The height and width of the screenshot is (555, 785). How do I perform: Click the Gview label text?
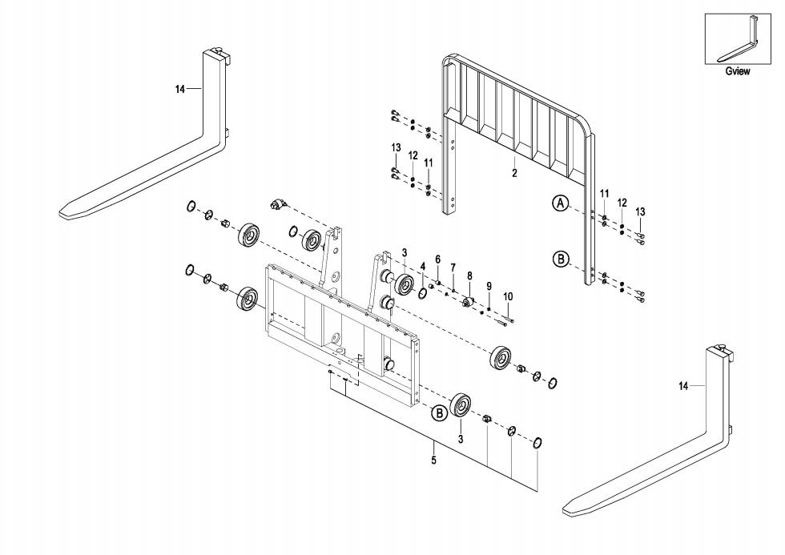click(x=738, y=71)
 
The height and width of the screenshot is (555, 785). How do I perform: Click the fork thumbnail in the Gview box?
click(x=738, y=39)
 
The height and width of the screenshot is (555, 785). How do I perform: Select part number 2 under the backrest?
click(x=514, y=174)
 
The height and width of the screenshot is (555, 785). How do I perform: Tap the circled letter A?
click(x=561, y=203)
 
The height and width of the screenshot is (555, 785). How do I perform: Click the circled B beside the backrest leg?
click(x=561, y=259)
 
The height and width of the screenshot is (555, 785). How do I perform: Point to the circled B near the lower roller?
click(x=439, y=413)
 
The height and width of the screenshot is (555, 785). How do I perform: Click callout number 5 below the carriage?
click(x=433, y=460)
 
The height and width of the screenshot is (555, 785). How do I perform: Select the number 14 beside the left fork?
click(x=180, y=89)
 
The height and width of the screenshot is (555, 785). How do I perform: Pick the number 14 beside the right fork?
click(x=684, y=386)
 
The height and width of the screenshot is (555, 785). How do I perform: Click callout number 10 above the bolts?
click(x=508, y=297)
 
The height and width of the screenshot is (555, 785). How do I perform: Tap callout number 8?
click(x=469, y=275)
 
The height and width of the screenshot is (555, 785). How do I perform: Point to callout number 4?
click(x=423, y=267)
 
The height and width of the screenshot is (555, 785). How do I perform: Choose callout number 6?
click(x=437, y=259)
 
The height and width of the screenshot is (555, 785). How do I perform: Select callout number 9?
click(x=489, y=286)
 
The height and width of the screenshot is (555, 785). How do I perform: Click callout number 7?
click(x=453, y=267)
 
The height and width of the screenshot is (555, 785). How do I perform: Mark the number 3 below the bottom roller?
click(x=461, y=440)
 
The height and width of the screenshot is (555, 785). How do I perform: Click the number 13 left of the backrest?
click(x=396, y=147)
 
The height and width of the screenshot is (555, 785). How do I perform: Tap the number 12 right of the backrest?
click(x=622, y=203)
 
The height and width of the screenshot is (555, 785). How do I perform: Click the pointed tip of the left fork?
click(x=61, y=214)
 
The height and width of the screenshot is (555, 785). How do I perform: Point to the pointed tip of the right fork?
click(x=564, y=512)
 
